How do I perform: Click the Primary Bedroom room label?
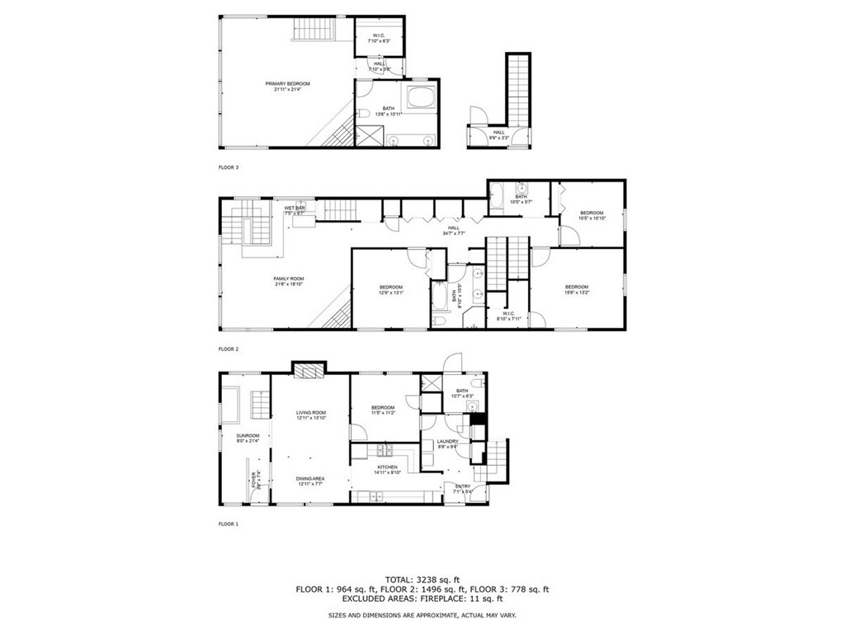(x=282, y=86)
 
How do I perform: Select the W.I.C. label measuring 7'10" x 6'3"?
(x=379, y=38)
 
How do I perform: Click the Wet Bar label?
(x=295, y=210)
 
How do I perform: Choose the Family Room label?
(x=289, y=282)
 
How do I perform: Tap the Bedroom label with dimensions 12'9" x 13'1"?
(x=390, y=289)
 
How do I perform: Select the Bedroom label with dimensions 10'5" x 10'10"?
(x=592, y=215)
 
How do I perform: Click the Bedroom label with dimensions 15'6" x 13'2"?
(x=576, y=289)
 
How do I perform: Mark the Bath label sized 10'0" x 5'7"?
(x=522, y=199)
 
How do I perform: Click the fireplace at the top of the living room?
(x=310, y=373)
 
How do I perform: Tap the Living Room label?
(x=311, y=415)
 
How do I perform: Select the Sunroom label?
(x=248, y=438)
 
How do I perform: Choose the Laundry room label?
(x=447, y=445)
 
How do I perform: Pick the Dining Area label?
(x=311, y=481)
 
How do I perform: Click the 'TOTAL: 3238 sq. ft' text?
(x=422, y=579)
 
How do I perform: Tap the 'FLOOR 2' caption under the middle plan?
(x=229, y=349)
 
